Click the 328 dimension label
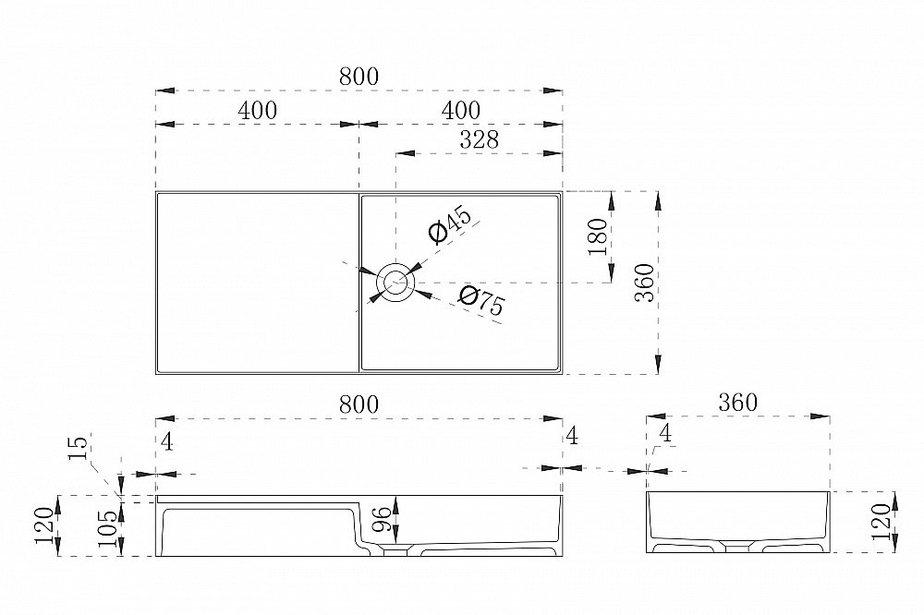(479, 139)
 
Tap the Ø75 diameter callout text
(481, 300)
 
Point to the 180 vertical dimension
(598, 236)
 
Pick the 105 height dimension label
(106, 528)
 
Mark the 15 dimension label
(79, 447)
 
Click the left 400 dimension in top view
(258, 110)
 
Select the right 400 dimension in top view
(460, 110)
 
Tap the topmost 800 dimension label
(359, 77)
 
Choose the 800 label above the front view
(359, 404)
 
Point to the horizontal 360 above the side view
(737, 403)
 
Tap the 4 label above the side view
(665, 434)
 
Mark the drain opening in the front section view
(396, 551)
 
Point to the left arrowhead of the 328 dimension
(406, 153)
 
